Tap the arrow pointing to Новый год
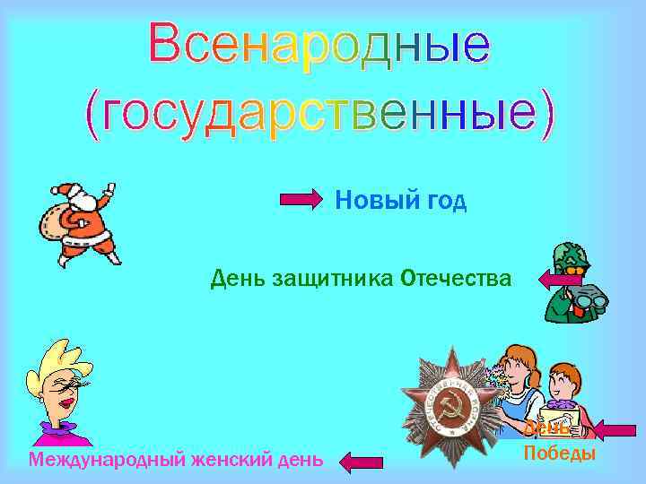pyautogui.click(x=301, y=200)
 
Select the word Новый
pyautogui.click(x=366, y=200)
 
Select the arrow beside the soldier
pyautogui.click(x=560, y=280)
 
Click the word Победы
pyautogui.click(x=559, y=453)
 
